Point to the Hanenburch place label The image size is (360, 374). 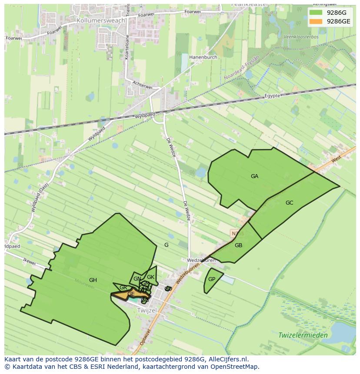[203, 56]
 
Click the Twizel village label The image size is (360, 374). [147, 311]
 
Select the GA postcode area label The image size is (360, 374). [254, 176]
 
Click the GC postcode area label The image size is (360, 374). [289, 203]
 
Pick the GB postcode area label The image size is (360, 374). [238, 245]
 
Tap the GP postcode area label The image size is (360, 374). [212, 279]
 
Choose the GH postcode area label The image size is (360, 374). [93, 280]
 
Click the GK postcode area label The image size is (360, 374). [150, 277]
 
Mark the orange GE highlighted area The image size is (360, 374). [126, 295]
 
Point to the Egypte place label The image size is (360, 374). [273, 96]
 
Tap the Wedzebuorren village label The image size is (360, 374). [201, 261]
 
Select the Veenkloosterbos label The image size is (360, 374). [301, 37]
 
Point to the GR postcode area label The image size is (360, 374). [123, 288]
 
